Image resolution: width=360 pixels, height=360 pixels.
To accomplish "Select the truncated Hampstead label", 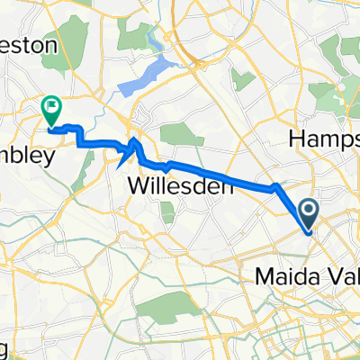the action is click(x=323, y=139).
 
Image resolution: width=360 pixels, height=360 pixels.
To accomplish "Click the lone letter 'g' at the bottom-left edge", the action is click(x=4, y=348).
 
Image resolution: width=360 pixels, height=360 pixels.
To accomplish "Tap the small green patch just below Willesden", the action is click(x=167, y=212).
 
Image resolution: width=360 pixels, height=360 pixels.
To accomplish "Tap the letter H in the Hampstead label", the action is click(x=293, y=139).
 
